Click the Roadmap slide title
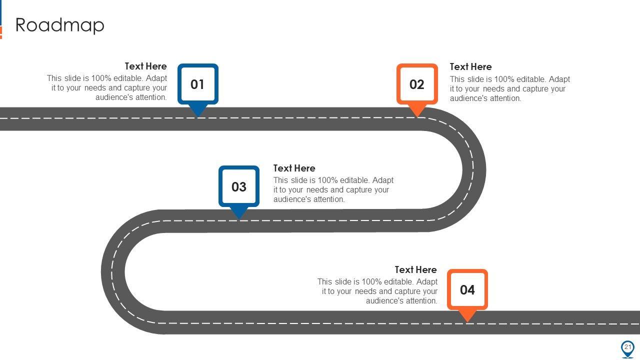pos(60,25)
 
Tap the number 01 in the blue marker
pos(197,84)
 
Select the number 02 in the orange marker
pos(417,84)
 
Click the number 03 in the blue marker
pos(239,187)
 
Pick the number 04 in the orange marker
pos(467,290)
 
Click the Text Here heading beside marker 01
pos(145,66)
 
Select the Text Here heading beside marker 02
pos(470,67)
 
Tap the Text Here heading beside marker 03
pos(294,168)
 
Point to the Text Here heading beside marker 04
pos(415,270)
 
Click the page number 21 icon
pos(627,348)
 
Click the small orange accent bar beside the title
pos(1,32)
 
